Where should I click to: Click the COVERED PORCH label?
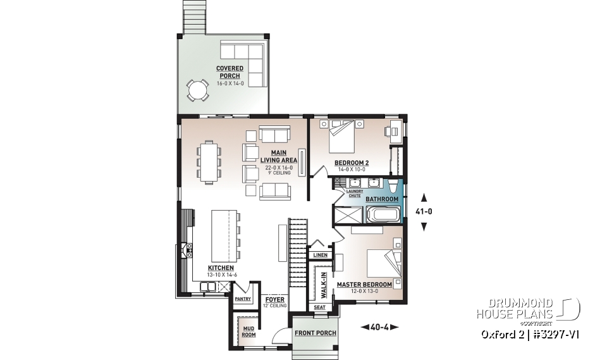[x=228, y=71]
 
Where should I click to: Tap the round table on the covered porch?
[x=198, y=90]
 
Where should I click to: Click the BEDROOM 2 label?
[x=352, y=163]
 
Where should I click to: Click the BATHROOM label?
[x=382, y=199]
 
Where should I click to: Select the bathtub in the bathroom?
[x=381, y=214]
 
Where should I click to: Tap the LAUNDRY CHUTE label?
[x=354, y=193]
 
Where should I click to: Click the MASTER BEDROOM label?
[x=364, y=285]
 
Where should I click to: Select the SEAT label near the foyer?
[x=319, y=307]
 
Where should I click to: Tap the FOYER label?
[x=274, y=299]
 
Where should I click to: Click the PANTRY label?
[x=243, y=299]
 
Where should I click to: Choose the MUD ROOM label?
[x=248, y=331]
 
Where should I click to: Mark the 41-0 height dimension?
[x=424, y=211]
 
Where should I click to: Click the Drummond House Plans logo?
[x=527, y=309]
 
